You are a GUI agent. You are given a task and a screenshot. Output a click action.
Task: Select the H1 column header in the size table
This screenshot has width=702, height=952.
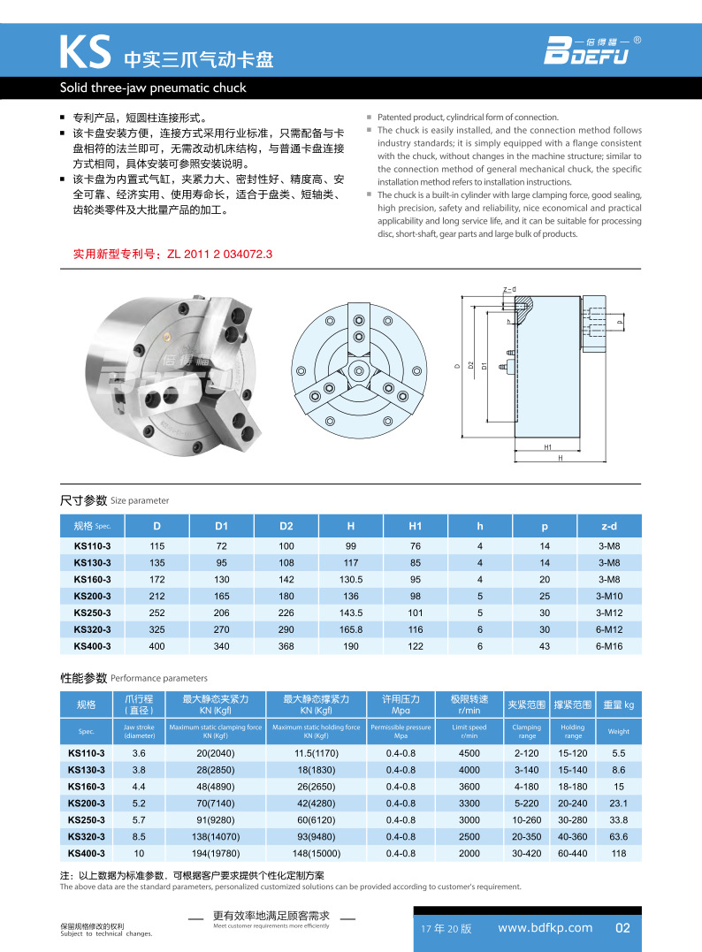tap(415, 526)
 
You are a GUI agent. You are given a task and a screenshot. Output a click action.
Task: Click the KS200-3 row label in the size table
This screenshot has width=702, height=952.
tap(92, 596)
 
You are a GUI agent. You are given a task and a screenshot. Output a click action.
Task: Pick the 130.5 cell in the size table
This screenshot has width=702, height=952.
tap(351, 579)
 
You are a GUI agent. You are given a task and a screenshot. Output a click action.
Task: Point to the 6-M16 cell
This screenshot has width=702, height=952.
tap(609, 646)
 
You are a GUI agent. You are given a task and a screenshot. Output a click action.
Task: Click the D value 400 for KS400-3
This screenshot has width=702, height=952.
tap(157, 646)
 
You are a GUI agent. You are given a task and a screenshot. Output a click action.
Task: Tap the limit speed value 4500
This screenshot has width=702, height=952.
tap(469, 753)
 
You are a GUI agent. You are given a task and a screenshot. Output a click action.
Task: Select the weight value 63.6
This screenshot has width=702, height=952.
tap(619, 836)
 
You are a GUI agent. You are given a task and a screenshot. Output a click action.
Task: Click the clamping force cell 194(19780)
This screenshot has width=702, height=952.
tap(216, 853)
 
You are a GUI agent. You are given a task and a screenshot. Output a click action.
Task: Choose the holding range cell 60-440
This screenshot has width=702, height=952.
tap(573, 853)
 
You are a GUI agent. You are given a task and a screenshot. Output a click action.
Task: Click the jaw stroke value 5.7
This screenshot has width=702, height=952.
tap(139, 819)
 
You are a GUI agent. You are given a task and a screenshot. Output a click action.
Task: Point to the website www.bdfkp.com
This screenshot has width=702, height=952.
tap(546, 927)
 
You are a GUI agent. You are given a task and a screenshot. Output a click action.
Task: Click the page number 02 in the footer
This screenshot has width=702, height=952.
tap(622, 927)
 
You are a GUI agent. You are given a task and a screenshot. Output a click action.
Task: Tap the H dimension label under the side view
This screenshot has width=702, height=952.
tap(561, 460)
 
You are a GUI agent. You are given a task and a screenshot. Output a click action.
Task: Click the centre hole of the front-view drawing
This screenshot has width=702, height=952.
tap(358, 369)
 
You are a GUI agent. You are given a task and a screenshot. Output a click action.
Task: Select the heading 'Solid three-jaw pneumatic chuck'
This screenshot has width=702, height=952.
tap(152, 88)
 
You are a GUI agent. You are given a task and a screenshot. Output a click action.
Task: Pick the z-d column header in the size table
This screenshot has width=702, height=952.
tap(609, 526)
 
